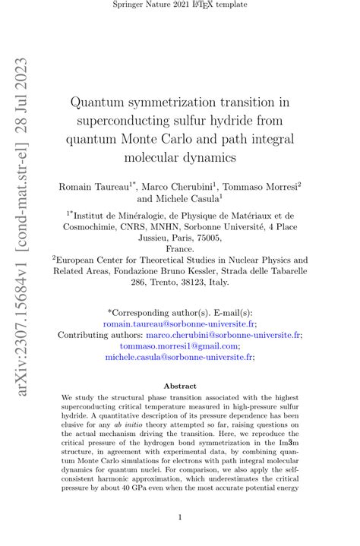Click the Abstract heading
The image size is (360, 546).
click(x=180, y=386)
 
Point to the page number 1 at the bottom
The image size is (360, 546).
click(x=180, y=517)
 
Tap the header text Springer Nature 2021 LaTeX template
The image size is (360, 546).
click(x=179, y=7)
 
